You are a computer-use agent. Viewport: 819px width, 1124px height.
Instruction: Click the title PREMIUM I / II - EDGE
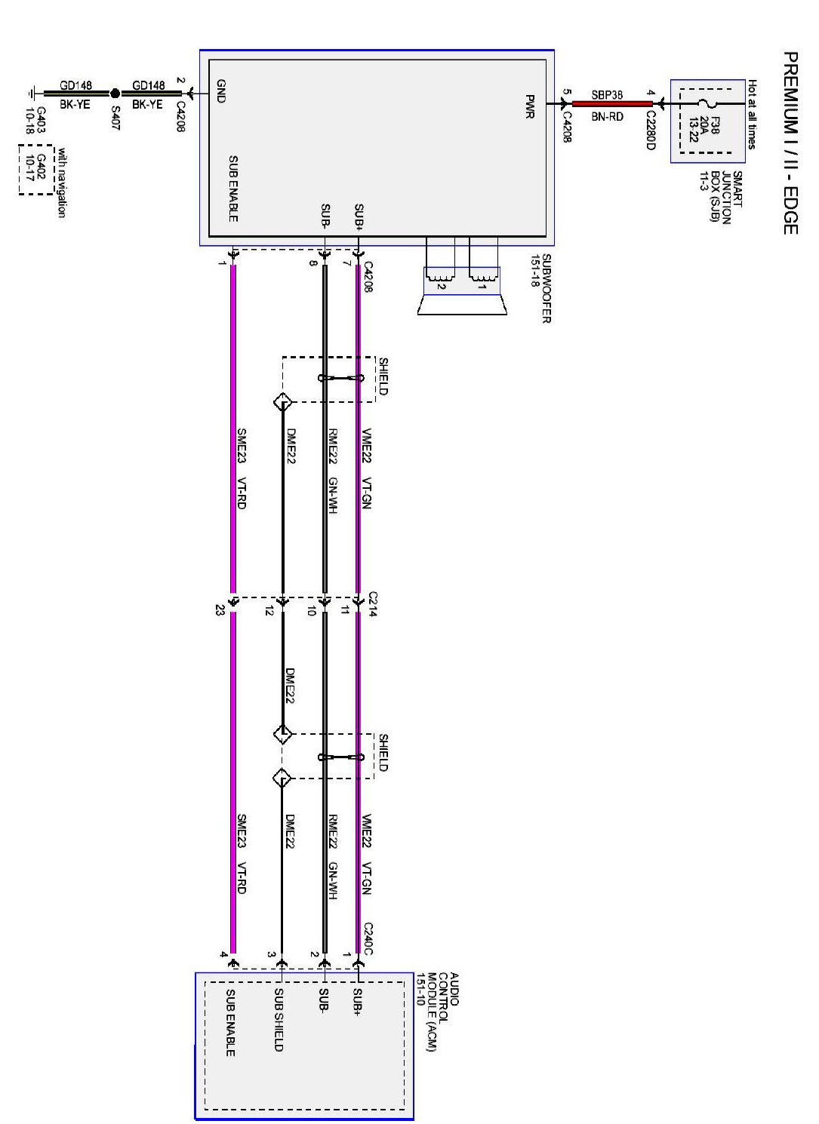coord(790,143)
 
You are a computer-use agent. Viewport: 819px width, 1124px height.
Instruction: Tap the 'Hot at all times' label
coord(752,114)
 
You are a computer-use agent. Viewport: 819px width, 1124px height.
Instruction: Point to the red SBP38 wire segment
coord(612,103)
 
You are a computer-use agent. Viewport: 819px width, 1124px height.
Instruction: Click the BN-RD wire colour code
coord(607,117)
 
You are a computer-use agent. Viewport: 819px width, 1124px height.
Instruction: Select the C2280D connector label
coord(650,130)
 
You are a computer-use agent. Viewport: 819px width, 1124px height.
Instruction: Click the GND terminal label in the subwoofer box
coord(220,91)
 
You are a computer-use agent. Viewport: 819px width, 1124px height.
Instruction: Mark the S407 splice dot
coord(115,94)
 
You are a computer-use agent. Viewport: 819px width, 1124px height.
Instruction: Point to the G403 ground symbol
coord(31,94)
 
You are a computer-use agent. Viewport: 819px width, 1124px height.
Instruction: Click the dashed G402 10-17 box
coord(36,170)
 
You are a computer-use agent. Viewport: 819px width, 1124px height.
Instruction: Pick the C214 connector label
coord(372,604)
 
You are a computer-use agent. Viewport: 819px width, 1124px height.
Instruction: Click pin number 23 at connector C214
coord(220,610)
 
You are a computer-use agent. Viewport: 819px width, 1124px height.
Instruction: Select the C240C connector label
coord(368,938)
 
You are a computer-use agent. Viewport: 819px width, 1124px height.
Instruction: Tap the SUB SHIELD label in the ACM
coord(278,1020)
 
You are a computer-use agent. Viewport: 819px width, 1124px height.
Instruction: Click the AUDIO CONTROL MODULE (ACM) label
coord(438,1012)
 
